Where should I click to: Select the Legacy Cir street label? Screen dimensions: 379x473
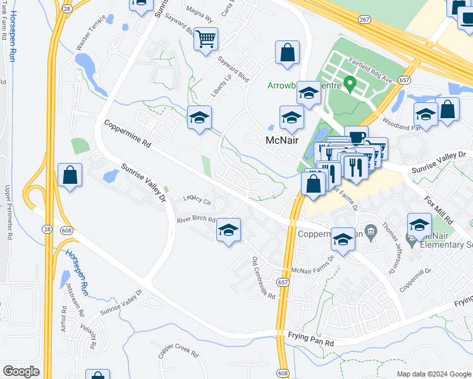[x=197, y=200]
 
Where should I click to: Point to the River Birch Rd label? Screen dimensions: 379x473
[x=197, y=220]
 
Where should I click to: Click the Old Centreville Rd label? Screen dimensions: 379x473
[x=264, y=279]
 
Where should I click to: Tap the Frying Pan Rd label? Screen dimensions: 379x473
[x=310, y=339]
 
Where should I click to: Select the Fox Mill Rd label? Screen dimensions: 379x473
[x=439, y=211]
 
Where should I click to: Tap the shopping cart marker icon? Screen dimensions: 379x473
[x=206, y=39]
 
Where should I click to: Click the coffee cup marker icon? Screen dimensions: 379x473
[x=357, y=136]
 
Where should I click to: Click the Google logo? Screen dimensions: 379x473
[x=21, y=371]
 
